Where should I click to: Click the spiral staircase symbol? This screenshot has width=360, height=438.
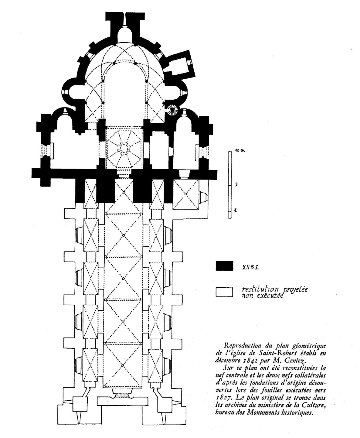173,110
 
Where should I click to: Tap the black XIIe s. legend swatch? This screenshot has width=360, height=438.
224,266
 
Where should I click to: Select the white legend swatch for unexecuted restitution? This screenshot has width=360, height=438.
224,292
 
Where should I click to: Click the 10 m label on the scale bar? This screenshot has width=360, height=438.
239,150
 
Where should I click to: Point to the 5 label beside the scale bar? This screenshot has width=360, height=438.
236,184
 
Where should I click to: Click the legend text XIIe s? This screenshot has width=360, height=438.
250,267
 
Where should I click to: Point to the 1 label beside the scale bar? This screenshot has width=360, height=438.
236,210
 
